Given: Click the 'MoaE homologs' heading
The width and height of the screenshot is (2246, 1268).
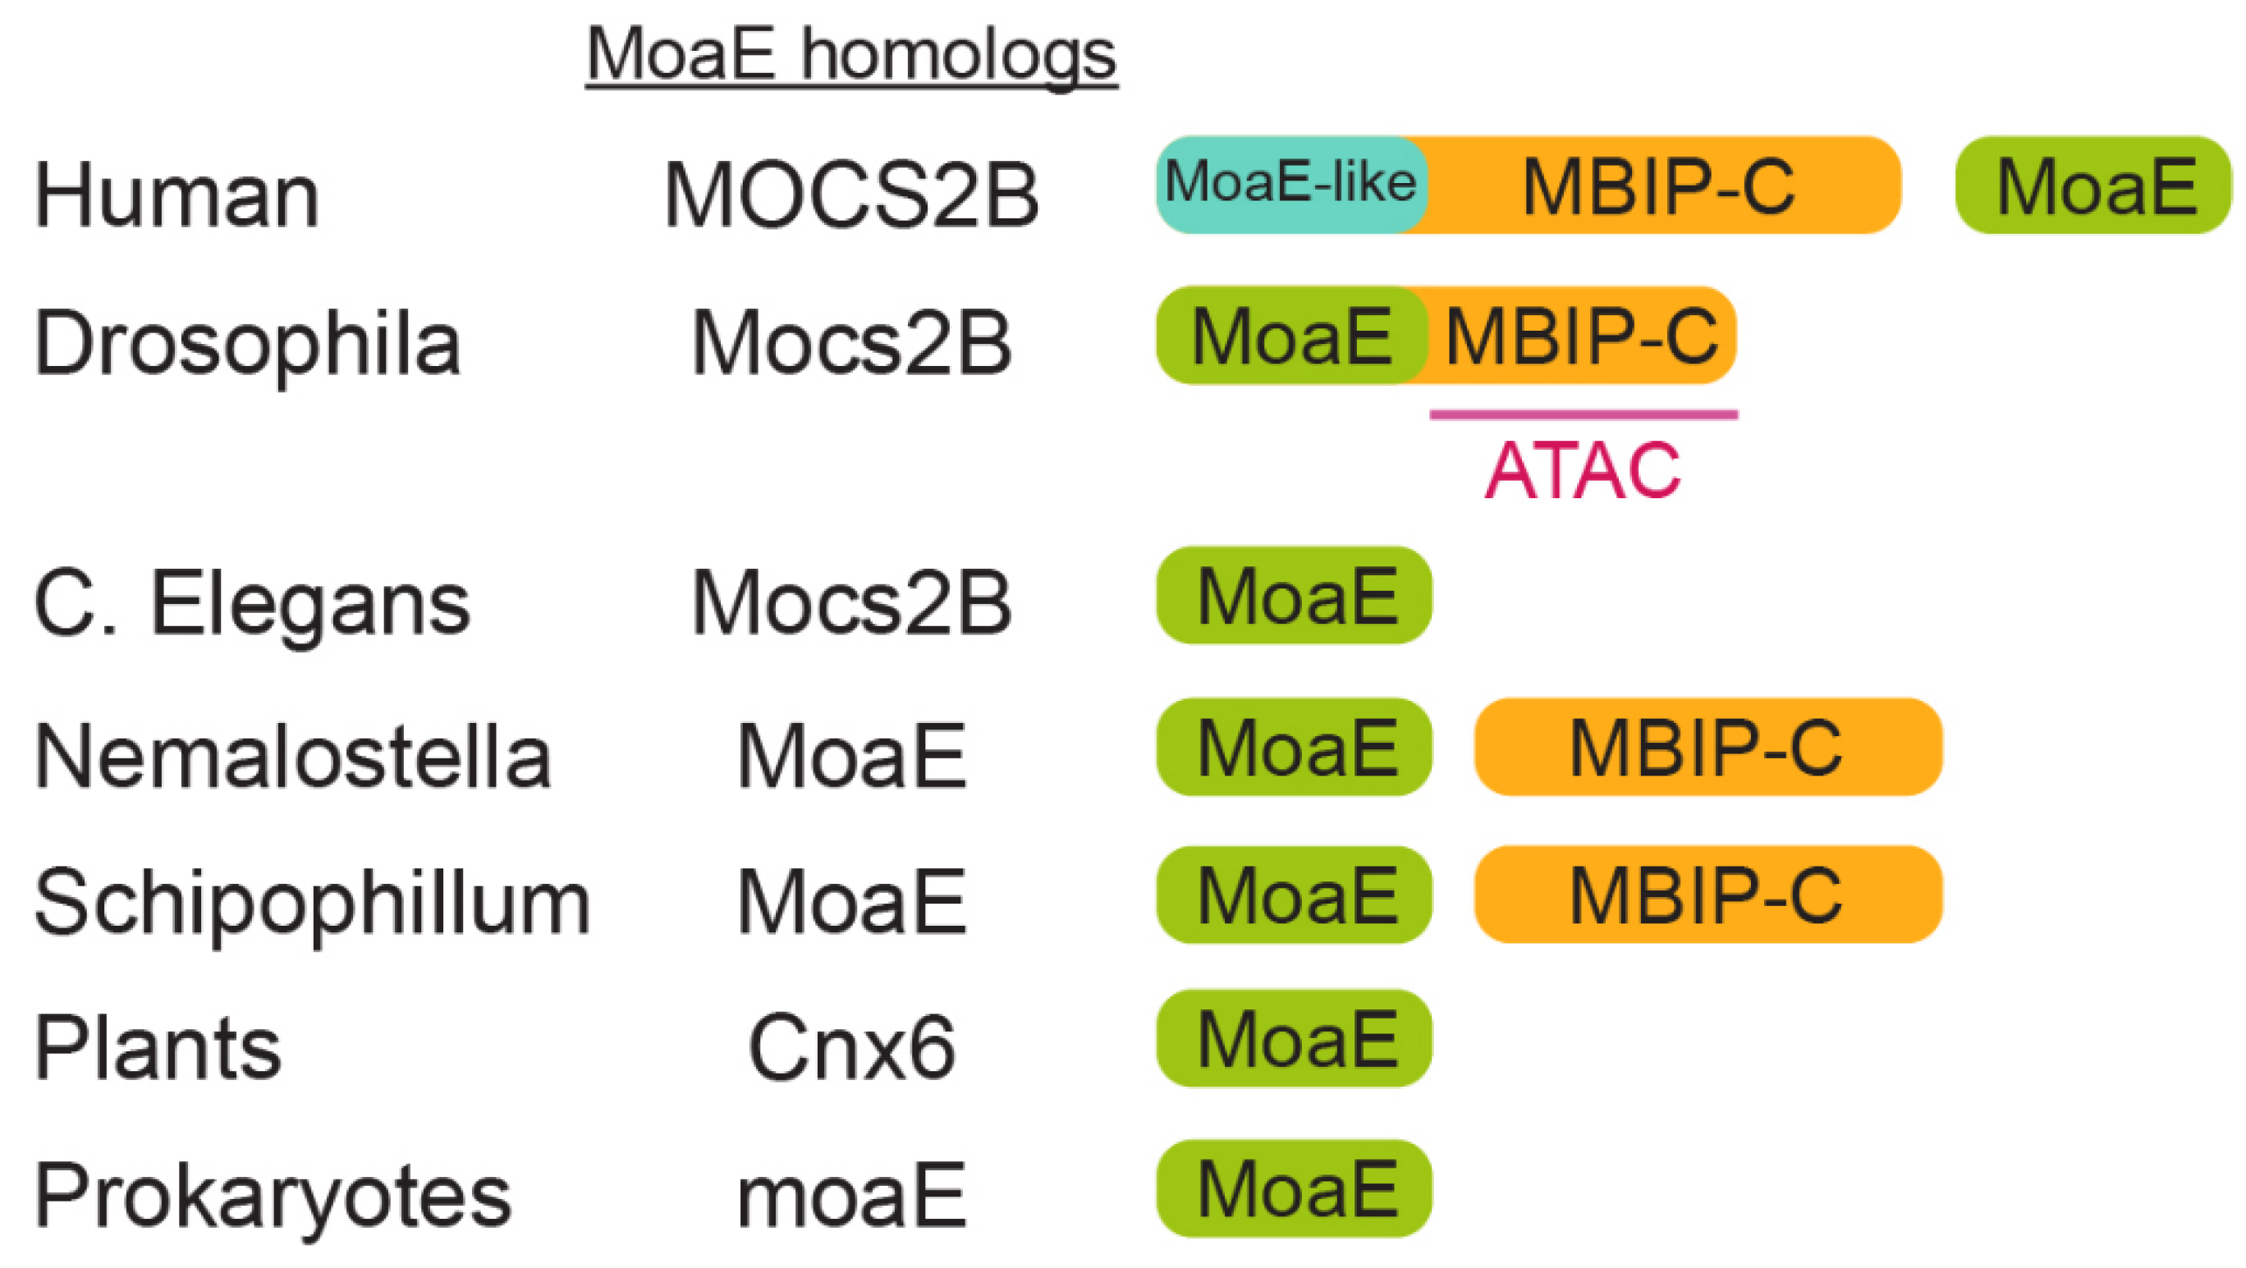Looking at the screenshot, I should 851,55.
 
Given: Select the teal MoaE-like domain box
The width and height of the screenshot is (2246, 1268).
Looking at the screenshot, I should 1290,184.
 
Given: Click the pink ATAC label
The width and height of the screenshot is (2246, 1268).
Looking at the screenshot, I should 1582,470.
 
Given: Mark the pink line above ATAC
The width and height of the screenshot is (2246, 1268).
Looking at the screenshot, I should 1584,414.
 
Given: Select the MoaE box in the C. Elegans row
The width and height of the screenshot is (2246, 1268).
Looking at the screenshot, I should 1295,595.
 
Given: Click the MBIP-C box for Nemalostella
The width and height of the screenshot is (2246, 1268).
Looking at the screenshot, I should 1707,747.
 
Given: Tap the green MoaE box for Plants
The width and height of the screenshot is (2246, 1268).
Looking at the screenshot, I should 1295,1038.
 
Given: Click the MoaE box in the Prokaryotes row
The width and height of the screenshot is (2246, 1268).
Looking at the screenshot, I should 1295,1188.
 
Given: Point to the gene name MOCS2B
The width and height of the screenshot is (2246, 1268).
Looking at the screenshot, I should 851,195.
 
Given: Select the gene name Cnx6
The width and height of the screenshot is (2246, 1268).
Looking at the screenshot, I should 851,1047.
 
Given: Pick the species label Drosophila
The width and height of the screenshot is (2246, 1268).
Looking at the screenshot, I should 248,343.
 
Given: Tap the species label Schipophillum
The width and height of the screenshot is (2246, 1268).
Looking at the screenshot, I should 312,904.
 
